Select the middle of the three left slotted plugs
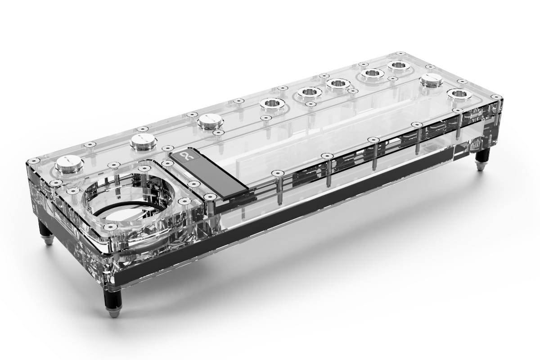coord(143,141)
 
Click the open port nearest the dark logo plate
coord(271,104)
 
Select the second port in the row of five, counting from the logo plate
coord(310,93)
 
